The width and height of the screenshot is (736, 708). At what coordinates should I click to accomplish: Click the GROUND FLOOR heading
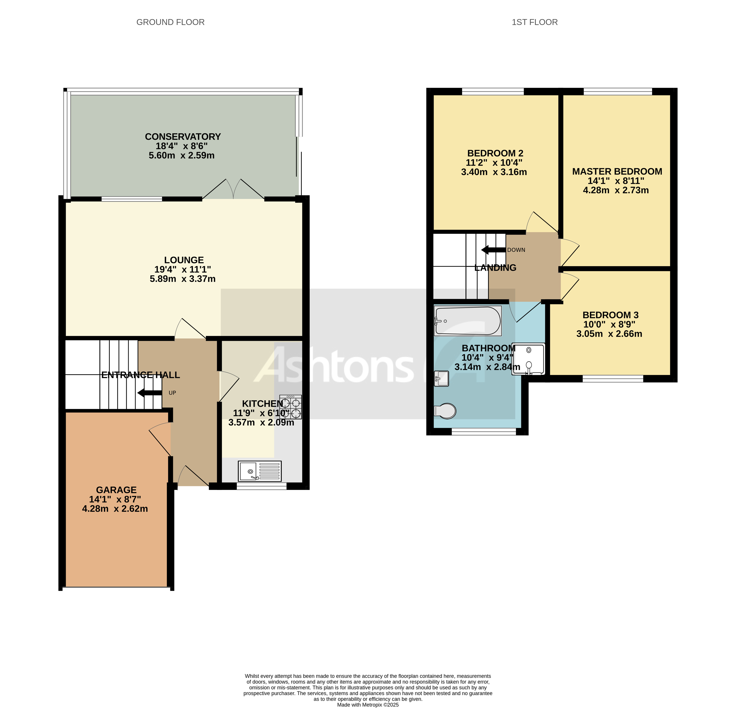tap(170, 22)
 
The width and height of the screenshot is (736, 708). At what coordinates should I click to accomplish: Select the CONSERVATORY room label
tap(183, 137)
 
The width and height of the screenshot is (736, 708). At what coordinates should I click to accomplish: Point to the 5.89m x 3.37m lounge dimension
tap(183, 279)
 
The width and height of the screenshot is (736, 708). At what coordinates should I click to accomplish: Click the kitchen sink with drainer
tap(259, 471)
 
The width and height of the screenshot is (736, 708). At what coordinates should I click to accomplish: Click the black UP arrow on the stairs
tap(149, 393)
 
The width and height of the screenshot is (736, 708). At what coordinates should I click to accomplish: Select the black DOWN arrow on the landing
tap(493, 250)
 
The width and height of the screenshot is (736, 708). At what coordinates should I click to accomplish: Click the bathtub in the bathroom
tap(468, 320)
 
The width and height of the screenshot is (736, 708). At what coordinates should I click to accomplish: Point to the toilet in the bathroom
tap(445, 411)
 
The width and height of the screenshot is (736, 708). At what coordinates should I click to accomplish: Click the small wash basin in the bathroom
tap(441, 379)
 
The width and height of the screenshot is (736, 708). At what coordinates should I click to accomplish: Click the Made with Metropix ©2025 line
tap(368, 705)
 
